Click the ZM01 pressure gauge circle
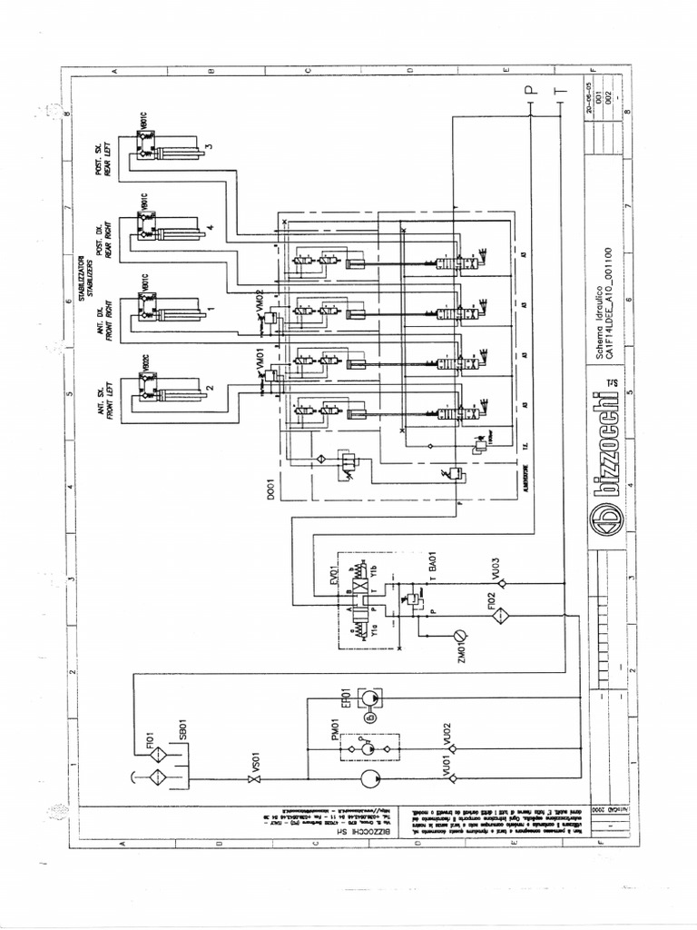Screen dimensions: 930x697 click(x=460, y=633)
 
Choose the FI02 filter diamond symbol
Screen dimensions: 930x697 click(x=497, y=616)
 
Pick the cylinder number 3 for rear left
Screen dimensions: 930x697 click(x=208, y=146)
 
